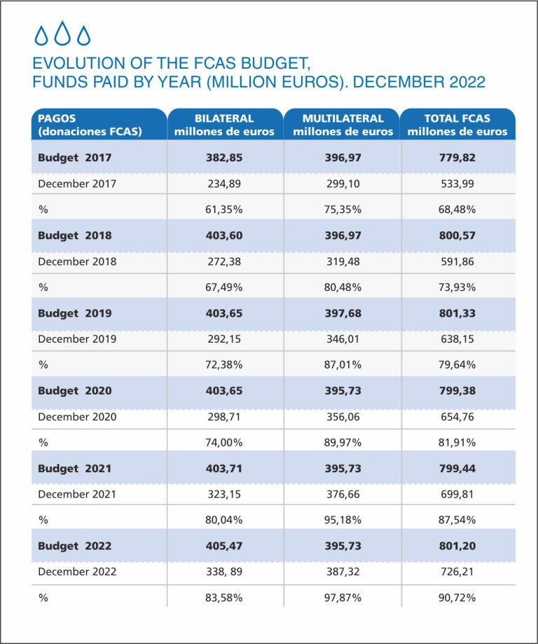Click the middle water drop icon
point(62,33)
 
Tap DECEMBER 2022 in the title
point(419,82)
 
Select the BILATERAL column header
point(224,125)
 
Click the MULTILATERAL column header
point(343,125)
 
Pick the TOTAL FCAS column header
point(457,125)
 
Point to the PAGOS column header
point(90,125)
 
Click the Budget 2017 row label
point(75,158)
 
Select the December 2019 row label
point(77,339)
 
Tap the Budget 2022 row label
point(75,546)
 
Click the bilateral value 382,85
point(224,158)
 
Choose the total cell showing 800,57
point(457,235)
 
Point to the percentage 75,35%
point(343,210)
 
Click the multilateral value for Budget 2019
point(343,313)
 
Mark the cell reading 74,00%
point(224,442)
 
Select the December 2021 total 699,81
point(457,494)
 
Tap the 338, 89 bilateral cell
point(224,572)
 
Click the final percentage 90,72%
point(457,598)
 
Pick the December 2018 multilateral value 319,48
point(343,261)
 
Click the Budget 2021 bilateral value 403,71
point(224,468)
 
